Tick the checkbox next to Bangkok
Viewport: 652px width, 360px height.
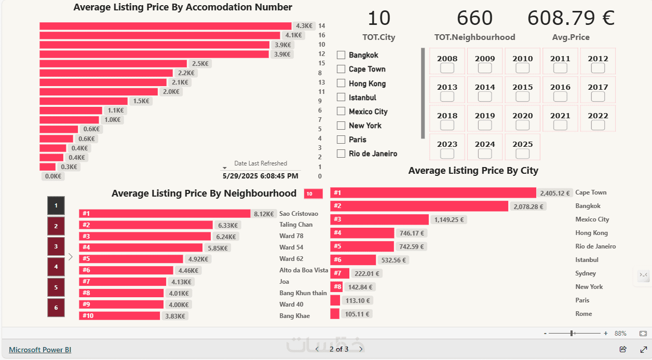click(x=341, y=55)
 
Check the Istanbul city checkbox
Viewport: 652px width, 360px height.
click(x=341, y=97)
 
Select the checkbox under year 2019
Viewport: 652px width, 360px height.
click(x=485, y=125)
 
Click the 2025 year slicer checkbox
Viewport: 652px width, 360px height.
click(x=522, y=154)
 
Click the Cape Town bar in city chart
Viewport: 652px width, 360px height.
click(x=433, y=193)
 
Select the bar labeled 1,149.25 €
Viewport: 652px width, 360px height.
click(x=379, y=219)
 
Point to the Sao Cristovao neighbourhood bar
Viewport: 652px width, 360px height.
click(x=165, y=214)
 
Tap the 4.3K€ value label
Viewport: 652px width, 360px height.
click(x=304, y=26)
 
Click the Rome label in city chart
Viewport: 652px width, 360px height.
click(x=583, y=314)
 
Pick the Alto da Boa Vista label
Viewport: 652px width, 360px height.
click(x=304, y=270)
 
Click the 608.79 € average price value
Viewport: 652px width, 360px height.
click(x=570, y=19)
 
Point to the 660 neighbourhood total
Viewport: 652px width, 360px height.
click(x=474, y=19)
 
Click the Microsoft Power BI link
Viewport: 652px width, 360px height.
click(x=40, y=350)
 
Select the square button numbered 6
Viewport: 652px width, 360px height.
click(x=56, y=308)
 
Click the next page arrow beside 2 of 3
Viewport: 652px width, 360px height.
click(x=361, y=349)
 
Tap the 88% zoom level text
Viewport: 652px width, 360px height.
click(x=620, y=334)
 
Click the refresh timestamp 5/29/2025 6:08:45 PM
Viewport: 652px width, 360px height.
click(x=260, y=176)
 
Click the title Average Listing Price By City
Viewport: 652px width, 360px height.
click(x=473, y=171)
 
